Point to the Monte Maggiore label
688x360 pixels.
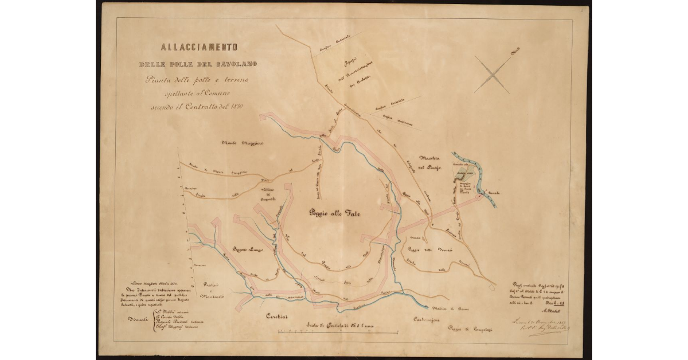[243, 143]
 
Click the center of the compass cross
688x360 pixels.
[492, 75]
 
